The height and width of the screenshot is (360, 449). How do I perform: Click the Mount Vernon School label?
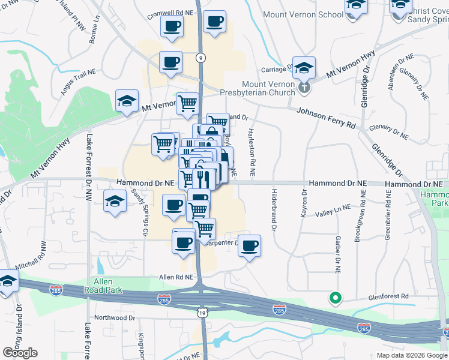(303, 14)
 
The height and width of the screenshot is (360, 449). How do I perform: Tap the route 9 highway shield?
(200, 58)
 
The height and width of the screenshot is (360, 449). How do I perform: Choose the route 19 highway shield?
(202, 311)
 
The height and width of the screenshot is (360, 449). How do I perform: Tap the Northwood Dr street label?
(115, 317)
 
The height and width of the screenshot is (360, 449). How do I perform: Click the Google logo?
(20, 353)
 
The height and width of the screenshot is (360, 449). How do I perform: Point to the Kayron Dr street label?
(303, 204)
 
